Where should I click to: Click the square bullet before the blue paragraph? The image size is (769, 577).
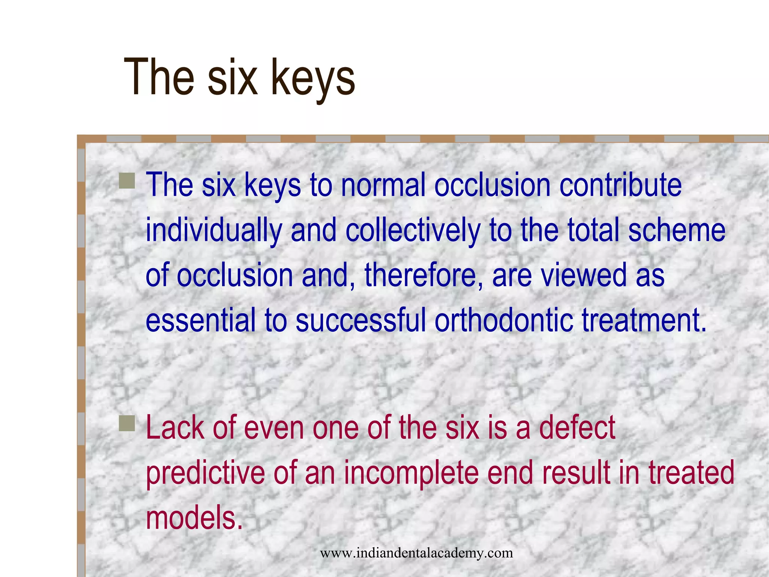[x=127, y=181]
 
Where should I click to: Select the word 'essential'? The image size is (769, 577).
[x=200, y=320]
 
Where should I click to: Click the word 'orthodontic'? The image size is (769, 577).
[x=503, y=320]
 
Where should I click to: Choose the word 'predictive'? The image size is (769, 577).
[x=205, y=473]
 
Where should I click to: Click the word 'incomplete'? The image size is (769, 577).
[x=411, y=473]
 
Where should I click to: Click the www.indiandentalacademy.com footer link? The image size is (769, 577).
[x=416, y=553]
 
